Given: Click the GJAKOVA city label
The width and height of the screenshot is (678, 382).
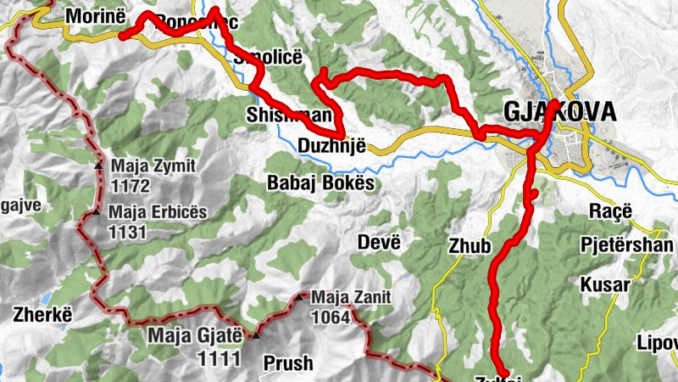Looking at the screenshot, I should (x=559, y=112).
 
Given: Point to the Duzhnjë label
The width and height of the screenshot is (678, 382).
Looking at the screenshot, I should (x=331, y=146).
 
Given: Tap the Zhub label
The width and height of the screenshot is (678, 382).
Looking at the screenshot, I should (x=470, y=247).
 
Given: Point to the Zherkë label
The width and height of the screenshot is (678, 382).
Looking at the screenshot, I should (x=39, y=314).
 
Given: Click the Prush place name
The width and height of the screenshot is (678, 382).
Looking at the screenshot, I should (x=287, y=363).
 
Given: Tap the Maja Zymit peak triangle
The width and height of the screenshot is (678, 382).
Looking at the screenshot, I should (x=99, y=166).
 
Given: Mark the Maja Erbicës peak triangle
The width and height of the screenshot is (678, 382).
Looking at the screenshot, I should (x=98, y=211).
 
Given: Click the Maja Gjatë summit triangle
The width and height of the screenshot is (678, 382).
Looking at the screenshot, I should (x=255, y=335).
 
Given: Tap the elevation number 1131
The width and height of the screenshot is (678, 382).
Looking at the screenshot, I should (x=129, y=230).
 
